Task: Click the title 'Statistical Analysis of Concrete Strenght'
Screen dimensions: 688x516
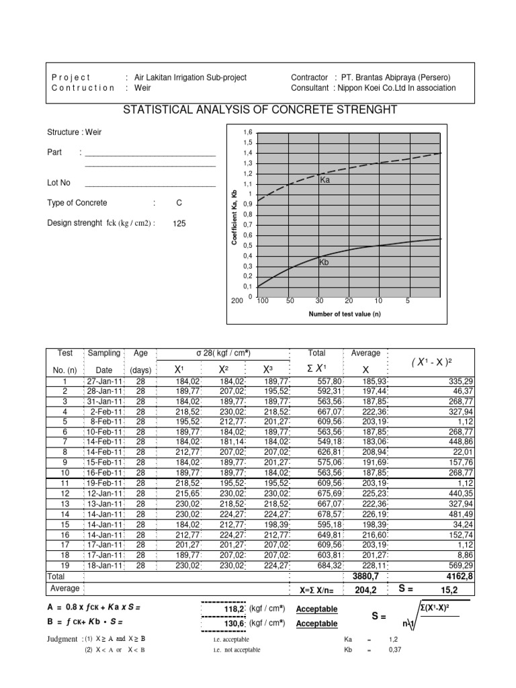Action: point(257,110)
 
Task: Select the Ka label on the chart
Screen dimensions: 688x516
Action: point(325,180)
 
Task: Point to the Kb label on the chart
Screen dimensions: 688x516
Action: point(324,263)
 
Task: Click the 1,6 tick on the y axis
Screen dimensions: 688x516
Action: point(247,133)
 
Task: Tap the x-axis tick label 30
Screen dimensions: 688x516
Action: point(319,302)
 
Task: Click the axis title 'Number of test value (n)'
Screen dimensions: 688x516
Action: point(345,314)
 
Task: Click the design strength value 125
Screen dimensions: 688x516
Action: point(179,224)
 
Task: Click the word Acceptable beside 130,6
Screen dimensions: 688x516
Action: point(316,623)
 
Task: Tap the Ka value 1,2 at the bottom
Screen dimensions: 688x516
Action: point(394,640)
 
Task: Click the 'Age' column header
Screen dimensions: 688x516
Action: point(140,353)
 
